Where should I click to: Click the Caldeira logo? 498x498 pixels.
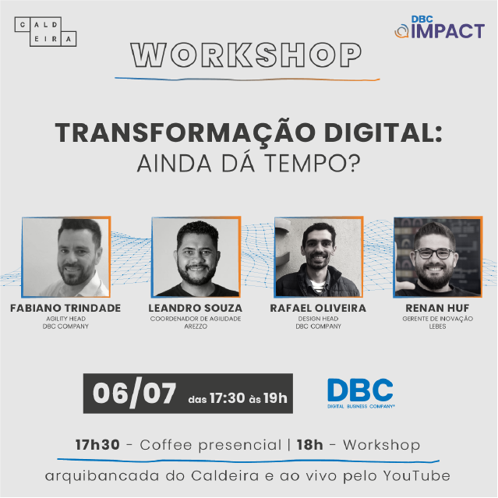tap(45, 32)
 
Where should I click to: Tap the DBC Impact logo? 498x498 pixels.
tap(440, 27)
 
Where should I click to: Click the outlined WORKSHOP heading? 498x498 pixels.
tap(246, 55)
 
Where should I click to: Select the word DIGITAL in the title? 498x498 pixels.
tap(383, 132)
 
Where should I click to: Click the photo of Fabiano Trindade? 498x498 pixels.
tap(66, 257)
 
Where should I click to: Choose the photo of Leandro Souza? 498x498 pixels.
tap(196, 257)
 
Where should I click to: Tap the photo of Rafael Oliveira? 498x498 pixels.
tap(319, 257)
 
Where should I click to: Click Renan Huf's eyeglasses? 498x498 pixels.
tap(434, 253)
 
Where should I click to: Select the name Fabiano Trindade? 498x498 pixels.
tap(65, 308)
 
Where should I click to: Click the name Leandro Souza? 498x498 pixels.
tap(196, 308)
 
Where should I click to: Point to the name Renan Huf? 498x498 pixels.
tap(437, 308)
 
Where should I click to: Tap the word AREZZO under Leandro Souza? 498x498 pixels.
tap(196, 327)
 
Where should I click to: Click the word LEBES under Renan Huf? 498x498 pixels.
tap(438, 327)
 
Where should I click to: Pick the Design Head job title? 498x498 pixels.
tap(318, 319)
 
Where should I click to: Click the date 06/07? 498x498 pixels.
tap(134, 394)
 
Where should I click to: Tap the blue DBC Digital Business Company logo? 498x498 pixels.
tap(361, 394)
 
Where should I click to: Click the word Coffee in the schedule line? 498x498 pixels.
tap(166, 445)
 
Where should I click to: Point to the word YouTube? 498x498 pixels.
tap(417, 475)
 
